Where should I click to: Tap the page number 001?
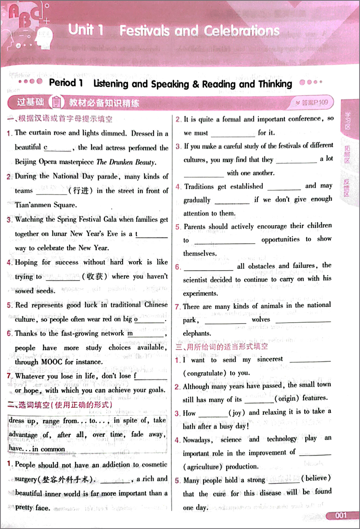[340, 515]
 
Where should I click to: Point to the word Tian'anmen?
[35, 205]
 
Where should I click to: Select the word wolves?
[261, 319]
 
